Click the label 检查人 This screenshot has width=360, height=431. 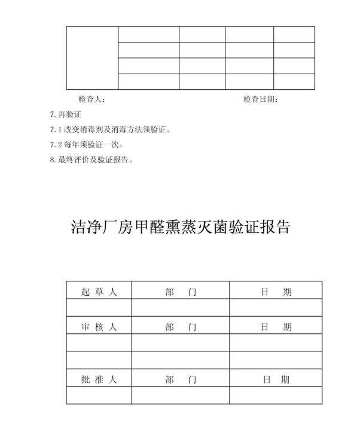[91, 99]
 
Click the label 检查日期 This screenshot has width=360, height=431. [260, 99]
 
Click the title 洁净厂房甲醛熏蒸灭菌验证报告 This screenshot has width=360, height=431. [180, 227]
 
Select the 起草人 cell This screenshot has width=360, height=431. [99, 292]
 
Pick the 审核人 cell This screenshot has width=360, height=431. [99, 327]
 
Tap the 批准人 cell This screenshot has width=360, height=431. [99, 380]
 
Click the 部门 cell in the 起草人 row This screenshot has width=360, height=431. [181, 292]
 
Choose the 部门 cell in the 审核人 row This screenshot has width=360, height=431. [181, 327]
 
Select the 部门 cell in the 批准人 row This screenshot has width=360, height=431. [181, 380]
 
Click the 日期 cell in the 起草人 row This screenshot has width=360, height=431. [276, 292]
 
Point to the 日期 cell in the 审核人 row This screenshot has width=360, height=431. [276, 327]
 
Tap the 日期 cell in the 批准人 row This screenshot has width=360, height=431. [276, 380]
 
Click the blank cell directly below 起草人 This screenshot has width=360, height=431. [99, 308]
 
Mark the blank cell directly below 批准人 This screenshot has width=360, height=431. [99, 396]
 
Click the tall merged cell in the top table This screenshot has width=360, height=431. [92, 58]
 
